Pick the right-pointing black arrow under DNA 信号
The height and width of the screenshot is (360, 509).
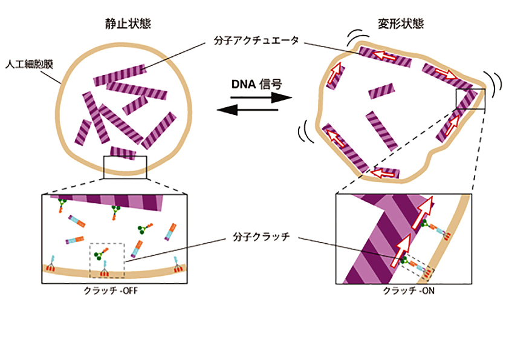pos(254,98)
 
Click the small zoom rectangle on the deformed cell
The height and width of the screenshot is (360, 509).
pos(470,99)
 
